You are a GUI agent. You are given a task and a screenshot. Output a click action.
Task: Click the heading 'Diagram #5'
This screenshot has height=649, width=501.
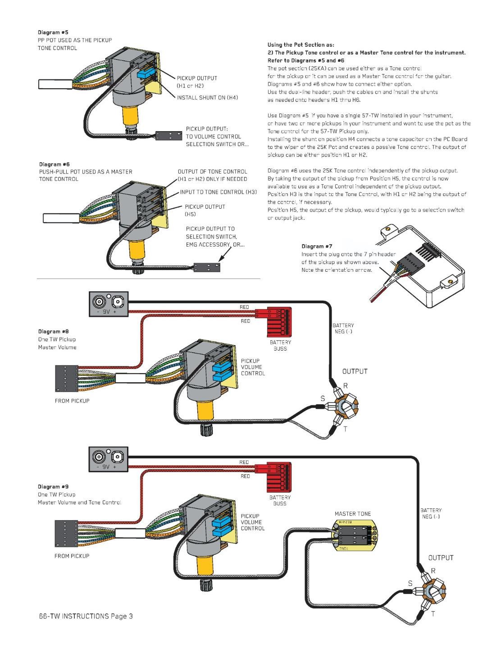(50, 32)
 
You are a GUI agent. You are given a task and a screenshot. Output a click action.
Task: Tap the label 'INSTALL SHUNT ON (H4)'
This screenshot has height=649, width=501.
(207, 97)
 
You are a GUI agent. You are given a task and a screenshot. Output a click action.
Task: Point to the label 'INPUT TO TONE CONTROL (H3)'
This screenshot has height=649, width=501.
(219, 192)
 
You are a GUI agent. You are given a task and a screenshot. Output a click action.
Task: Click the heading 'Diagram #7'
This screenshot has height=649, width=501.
(317, 247)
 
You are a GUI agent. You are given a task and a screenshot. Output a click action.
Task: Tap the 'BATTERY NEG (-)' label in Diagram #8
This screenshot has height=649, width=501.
(343, 328)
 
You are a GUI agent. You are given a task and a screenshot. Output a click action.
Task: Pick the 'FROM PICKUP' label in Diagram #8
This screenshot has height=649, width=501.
(72, 401)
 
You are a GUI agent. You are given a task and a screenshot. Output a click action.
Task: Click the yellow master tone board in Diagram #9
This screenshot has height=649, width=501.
(354, 535)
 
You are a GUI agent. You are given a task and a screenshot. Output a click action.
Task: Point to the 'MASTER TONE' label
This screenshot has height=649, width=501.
(353, 514)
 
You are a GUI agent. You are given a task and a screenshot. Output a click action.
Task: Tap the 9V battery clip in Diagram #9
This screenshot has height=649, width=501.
(109, 459)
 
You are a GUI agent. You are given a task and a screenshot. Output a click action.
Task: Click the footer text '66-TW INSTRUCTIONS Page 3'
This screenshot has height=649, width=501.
(86, 616)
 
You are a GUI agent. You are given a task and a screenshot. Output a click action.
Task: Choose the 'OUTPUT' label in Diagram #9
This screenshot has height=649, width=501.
(441, 558)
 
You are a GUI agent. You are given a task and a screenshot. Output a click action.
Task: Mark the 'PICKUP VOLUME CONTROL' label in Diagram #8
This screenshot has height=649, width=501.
(253, 367)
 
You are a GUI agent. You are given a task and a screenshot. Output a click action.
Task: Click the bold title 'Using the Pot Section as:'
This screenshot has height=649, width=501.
(301, 45)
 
